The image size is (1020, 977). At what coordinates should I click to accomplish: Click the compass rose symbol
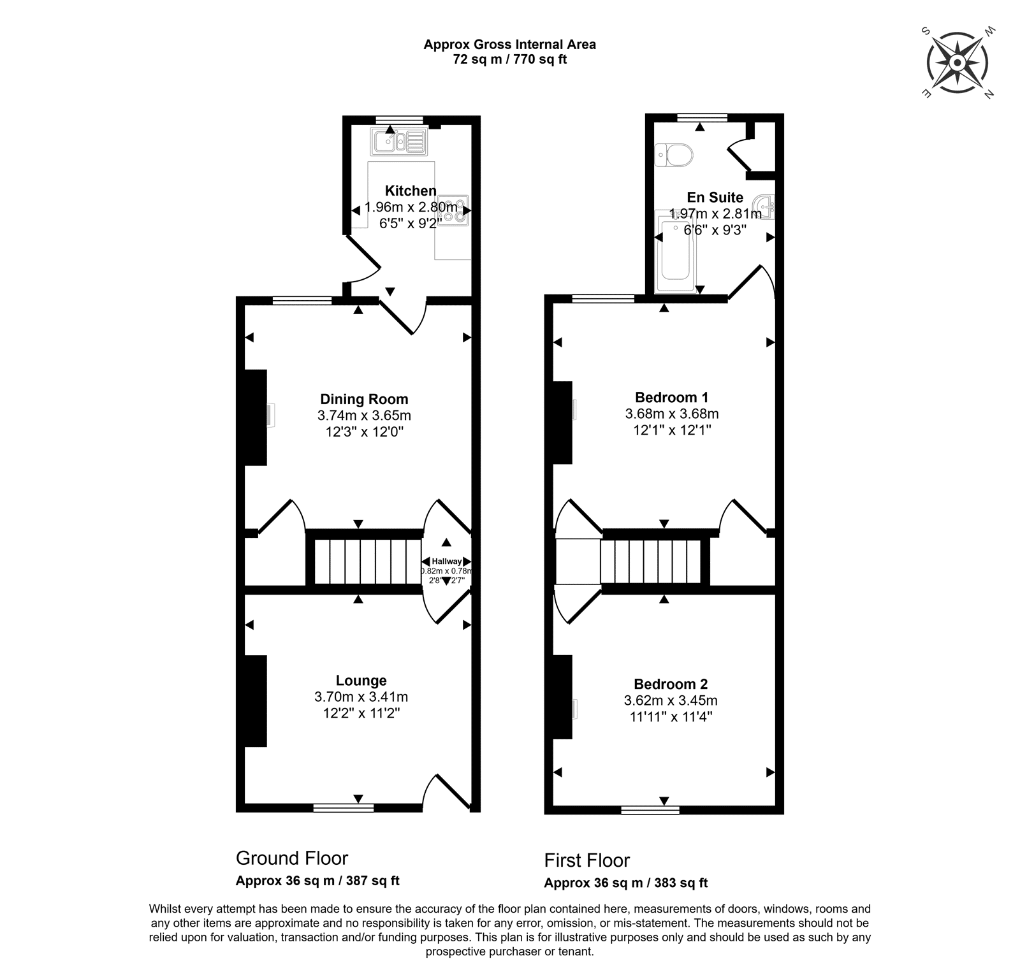pos(958,62)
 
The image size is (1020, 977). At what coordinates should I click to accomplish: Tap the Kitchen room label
pos(411,191)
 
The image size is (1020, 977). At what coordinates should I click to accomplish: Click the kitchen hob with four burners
pos(453,210)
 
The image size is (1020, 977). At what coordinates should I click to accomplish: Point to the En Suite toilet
pos(673,154)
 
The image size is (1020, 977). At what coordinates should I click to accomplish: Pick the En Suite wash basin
pos(764,206)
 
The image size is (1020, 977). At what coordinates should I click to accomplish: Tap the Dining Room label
pos(364,400)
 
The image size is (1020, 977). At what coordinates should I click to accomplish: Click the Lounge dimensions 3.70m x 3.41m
pos(361,697)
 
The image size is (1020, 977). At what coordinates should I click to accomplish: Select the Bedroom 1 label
pos(672,397)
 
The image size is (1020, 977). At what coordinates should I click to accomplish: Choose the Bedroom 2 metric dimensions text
pos(671,700)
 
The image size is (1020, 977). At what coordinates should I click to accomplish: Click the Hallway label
pos(447,561)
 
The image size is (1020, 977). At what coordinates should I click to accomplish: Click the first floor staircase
pos(651,561)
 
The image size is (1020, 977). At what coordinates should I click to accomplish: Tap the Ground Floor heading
pos(292,858)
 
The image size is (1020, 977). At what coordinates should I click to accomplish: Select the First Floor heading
pos(586,860)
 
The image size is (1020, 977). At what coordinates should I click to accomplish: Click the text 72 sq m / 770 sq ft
pos(510,60)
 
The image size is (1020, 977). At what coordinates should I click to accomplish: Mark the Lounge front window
pos(344,808)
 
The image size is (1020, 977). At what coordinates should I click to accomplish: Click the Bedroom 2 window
pos(650,810)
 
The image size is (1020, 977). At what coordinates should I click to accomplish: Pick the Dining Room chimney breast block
pos(256,417)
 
